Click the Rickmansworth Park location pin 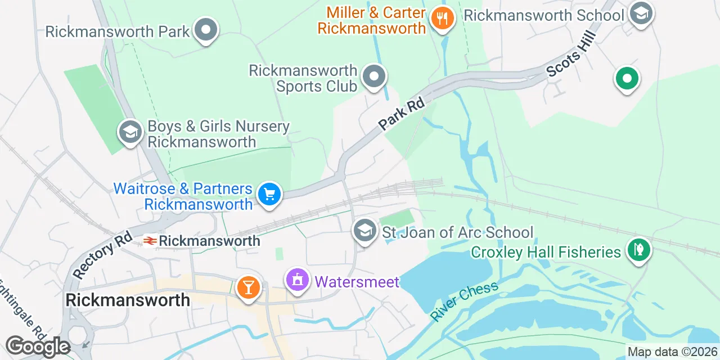(x=206, y=29)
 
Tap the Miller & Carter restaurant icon (x=443, y=19)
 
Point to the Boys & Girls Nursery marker (x=130, y=132)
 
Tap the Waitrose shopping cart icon (x=269, y=194)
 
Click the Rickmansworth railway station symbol (x=150, y=241)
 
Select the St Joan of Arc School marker (x=365, y=230)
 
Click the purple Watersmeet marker (x=298, y=280)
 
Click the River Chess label (x=465, y=300)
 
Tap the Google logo (x=37, y=346)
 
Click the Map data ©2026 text (x=672, y=352)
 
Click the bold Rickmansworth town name (x=128, y=300)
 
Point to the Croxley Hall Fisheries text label (x=546, y=251)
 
